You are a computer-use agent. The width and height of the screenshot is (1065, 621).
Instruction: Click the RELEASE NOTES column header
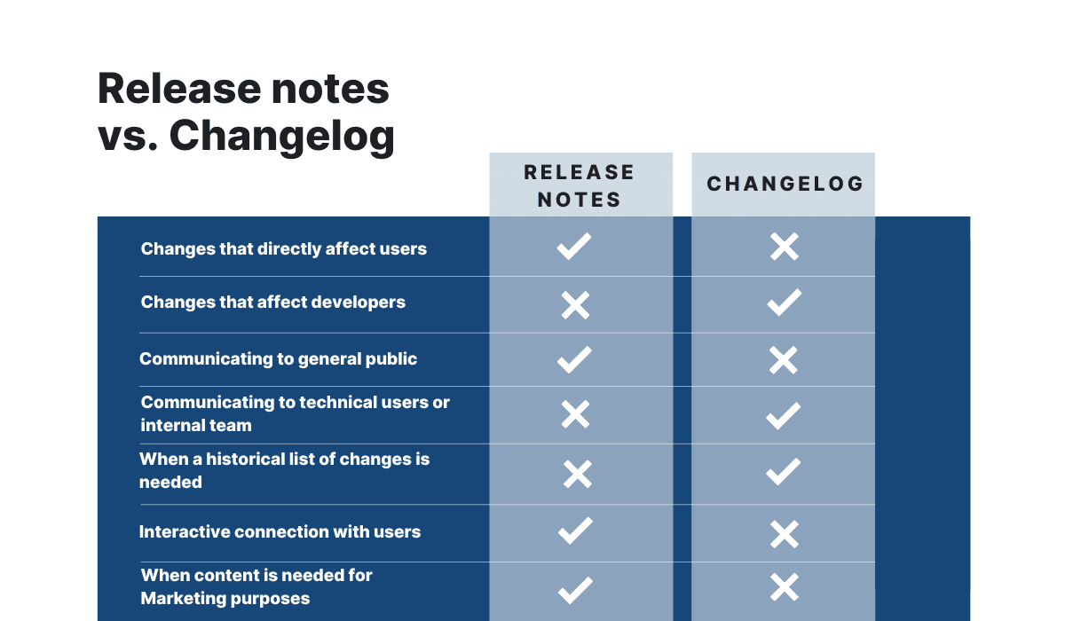[580, 185]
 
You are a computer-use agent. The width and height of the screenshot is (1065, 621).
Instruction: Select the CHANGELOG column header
[785, 184]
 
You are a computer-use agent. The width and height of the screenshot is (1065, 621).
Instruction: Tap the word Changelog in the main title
[282, 136]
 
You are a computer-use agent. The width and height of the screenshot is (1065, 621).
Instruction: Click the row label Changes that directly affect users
[283, 248]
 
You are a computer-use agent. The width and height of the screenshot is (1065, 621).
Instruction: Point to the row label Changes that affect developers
[272, 302]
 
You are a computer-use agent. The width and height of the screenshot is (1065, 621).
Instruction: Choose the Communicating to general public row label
[278, 358]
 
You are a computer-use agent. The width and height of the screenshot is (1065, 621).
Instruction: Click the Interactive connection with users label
[280, 531]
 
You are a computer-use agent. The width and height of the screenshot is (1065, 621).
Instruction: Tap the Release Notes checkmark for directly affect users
[574, 247]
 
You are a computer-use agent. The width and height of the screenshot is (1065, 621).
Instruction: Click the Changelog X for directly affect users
[785, 247]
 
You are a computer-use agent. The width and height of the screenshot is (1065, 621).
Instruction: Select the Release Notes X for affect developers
[575, 306]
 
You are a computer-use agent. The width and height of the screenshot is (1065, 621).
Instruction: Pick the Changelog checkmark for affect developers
[784, 303]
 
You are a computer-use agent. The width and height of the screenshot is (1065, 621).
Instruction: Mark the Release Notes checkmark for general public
[574, 359]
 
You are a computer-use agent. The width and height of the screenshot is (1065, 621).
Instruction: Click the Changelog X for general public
[784, 359]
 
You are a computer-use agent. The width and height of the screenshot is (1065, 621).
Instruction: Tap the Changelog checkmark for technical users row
[783, 415]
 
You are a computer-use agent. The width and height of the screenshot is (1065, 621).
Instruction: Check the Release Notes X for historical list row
[577, 474]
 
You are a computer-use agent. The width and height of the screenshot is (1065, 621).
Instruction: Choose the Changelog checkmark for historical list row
[783, 472]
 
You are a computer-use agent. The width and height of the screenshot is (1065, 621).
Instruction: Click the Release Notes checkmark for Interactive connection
[575, 531]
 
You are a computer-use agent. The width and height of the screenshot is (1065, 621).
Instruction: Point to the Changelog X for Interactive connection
[785, 533]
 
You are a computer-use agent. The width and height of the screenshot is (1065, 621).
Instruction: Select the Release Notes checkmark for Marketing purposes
[575, 588]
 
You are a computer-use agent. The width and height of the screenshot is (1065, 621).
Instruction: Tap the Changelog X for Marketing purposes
[785, 587]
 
